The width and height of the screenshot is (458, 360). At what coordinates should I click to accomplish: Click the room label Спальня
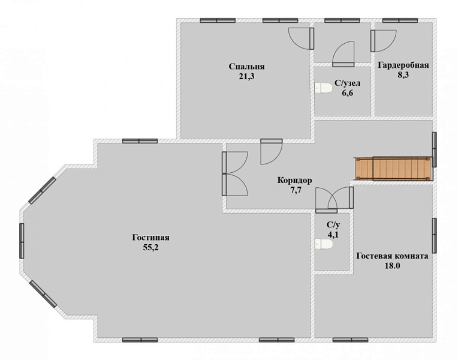246,67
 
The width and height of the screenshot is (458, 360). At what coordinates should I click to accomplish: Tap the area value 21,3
246,77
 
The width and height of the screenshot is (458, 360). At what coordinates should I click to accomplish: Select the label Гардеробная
403,65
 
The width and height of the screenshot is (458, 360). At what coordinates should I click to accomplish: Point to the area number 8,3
403,75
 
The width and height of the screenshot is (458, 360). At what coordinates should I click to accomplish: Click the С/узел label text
348,83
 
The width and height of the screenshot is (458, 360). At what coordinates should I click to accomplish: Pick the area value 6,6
347,93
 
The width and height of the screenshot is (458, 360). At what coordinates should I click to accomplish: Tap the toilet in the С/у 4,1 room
324,244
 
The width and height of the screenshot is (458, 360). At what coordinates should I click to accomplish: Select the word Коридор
294,180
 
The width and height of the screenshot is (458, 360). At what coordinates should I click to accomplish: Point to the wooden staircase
393,169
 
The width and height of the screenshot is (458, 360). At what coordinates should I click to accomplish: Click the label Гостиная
150,238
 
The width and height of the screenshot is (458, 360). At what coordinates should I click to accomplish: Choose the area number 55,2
150,248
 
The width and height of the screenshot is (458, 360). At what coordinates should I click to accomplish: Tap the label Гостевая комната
392,256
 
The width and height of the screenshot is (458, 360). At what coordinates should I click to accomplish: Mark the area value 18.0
392,266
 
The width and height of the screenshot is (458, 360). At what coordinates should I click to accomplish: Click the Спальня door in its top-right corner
302,39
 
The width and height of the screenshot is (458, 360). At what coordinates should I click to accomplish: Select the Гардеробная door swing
384,41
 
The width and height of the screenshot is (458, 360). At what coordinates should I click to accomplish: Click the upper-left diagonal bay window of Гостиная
42,190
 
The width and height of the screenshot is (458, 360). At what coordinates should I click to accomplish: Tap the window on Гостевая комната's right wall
435,235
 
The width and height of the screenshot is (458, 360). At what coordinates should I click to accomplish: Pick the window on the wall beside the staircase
435,149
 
